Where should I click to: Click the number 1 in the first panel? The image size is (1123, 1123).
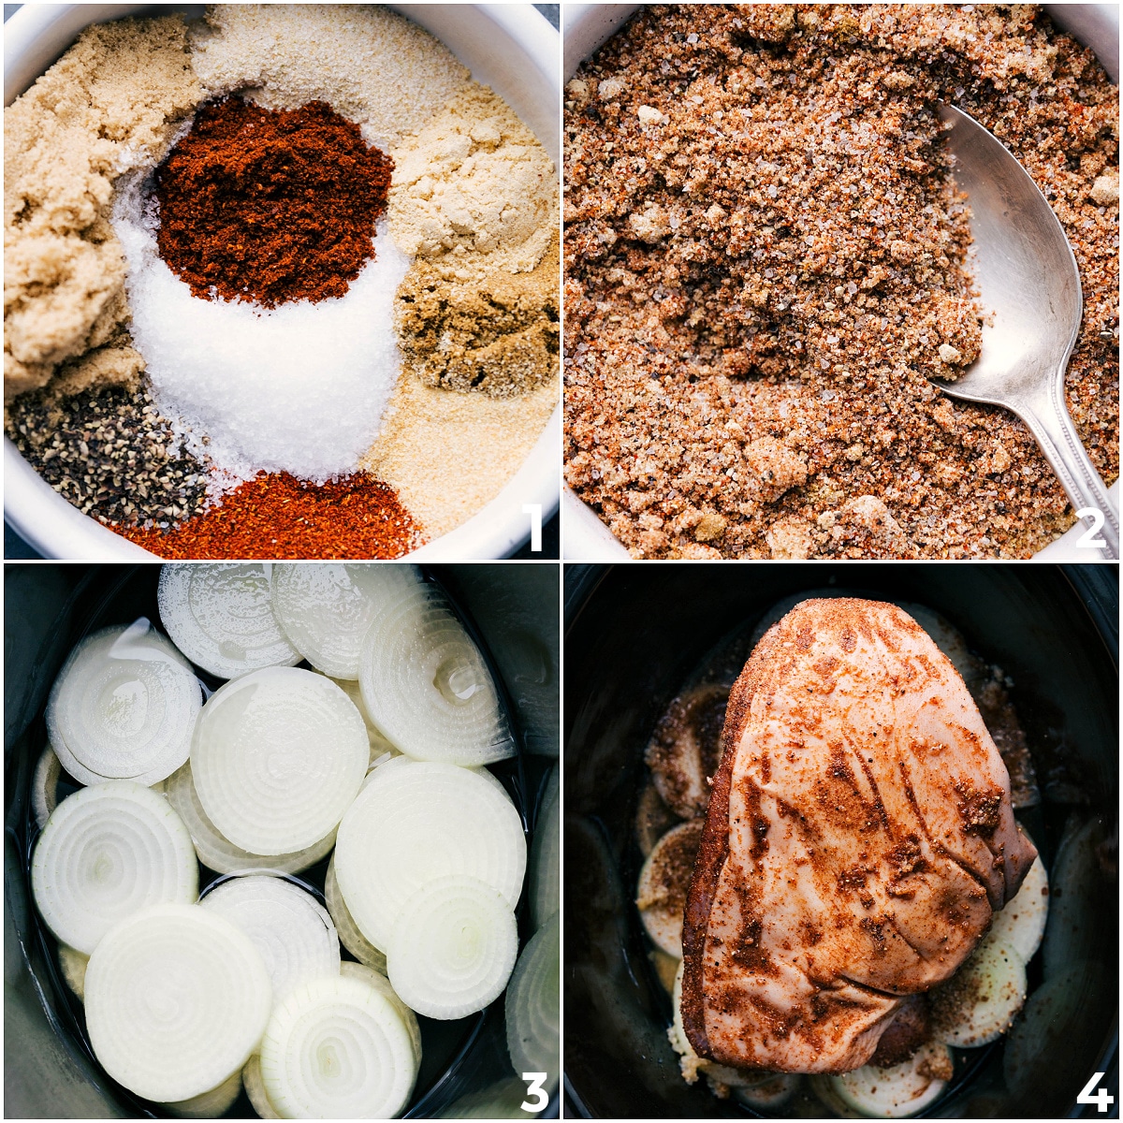pos(534,528)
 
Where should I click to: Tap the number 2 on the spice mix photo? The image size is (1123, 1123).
pos(1090,528)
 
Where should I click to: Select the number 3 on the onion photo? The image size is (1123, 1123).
pos(534,1089)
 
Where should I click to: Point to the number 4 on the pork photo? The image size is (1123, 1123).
pos(1093,1089)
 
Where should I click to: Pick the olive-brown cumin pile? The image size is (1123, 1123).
pos(477,328)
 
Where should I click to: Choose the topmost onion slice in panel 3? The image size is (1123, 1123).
pos(225,618)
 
